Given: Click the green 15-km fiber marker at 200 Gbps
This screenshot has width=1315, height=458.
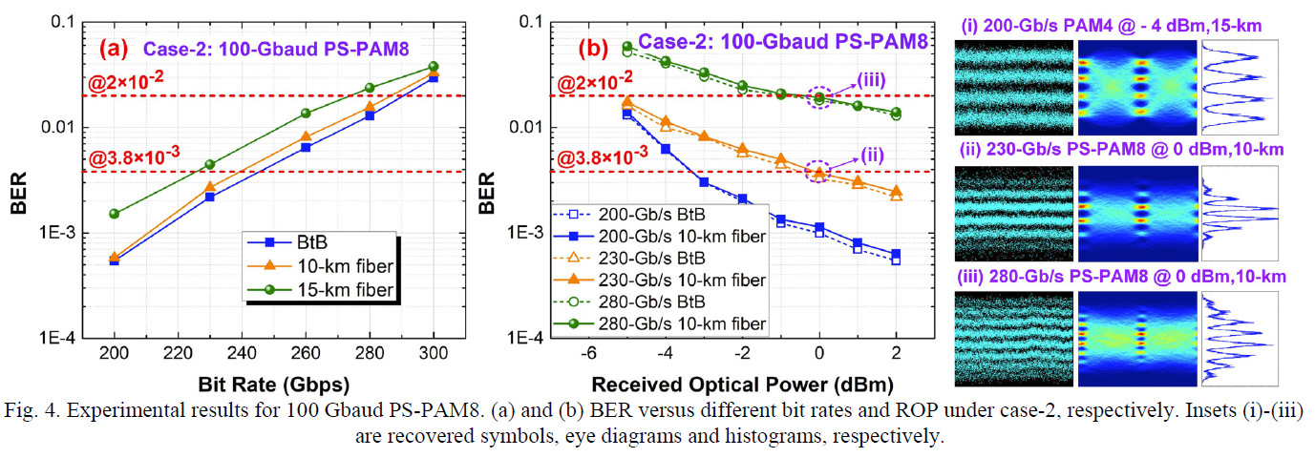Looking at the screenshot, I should coord(115,214).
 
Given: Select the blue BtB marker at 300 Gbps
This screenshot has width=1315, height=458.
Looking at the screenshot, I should coord(433,77).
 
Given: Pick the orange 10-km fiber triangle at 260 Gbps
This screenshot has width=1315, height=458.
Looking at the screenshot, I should coord(306,136).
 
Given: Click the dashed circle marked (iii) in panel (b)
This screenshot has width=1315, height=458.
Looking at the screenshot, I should coord(818,96).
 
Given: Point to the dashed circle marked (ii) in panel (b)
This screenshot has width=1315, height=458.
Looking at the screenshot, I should coord(818,172).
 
